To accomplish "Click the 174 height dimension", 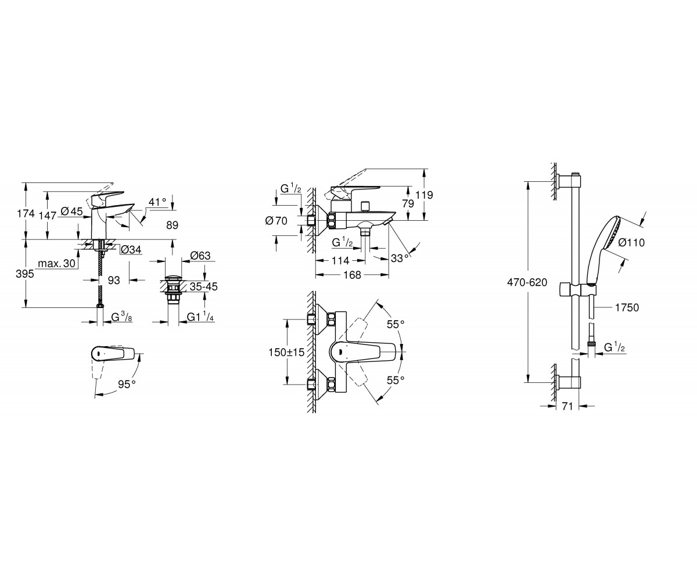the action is pos(26,213).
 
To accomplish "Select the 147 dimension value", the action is pos(48,216).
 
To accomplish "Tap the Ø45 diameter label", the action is pos(72,211).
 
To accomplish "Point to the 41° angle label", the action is pos(157,202).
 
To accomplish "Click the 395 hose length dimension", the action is pos(25,274).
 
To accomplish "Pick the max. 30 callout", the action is pos(57,263).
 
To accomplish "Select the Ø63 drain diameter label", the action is pos(200,256).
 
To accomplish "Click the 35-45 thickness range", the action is pos(204,286).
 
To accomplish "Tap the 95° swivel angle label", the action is pos(127,384).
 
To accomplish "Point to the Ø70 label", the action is pos(276,221).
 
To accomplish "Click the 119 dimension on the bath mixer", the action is pos(424,195).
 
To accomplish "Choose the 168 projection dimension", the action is pos(353,275).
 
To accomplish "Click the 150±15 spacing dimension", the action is pos(286,352).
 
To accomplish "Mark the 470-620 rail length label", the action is pos(527,282).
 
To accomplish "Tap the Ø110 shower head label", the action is pos(631,242).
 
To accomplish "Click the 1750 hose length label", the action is pos(627,307).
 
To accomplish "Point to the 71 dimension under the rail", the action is pos(567,406).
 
